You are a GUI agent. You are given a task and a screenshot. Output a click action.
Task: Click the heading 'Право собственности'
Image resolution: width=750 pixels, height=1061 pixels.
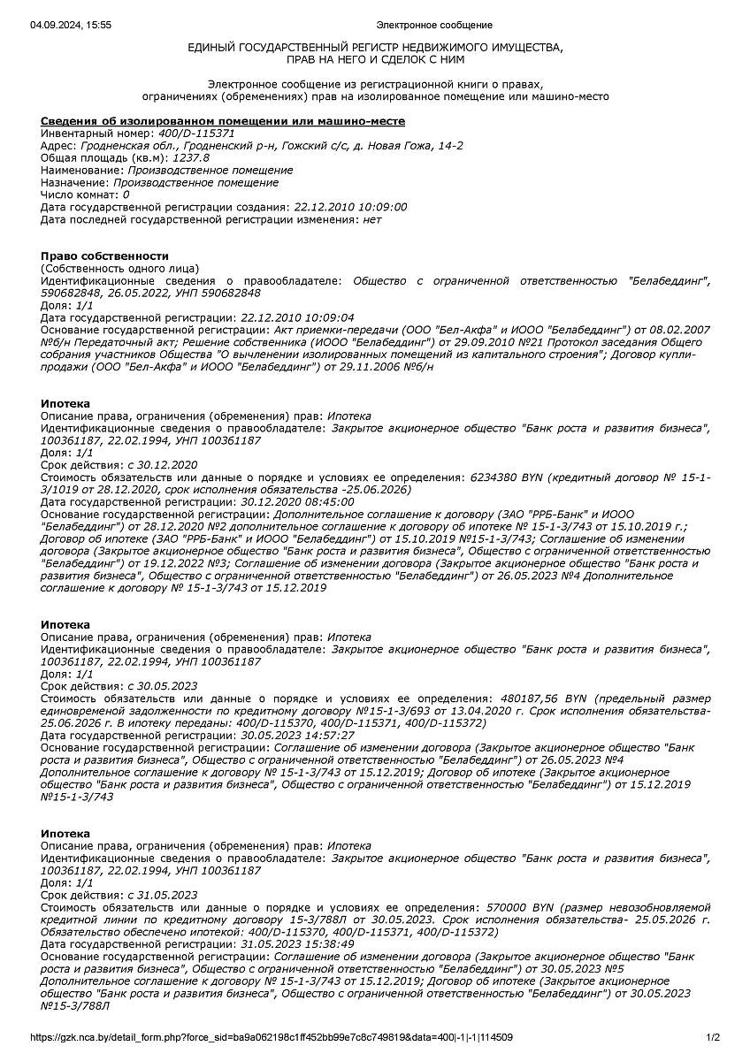(x=104, y=256)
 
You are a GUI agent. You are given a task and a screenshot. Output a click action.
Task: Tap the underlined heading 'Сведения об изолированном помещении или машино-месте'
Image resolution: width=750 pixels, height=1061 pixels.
(x=223, y=120)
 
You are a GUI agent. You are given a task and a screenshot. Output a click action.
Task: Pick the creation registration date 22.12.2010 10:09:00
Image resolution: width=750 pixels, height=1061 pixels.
(x=348, y=207)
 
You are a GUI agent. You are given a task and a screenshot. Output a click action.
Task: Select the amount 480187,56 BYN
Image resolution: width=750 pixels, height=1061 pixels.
(x=539, y=698)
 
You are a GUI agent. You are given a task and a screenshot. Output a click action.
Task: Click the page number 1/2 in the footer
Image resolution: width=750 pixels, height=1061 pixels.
(x=713, y=1037)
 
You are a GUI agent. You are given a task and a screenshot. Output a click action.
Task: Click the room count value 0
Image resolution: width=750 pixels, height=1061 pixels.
(x=126, y=195)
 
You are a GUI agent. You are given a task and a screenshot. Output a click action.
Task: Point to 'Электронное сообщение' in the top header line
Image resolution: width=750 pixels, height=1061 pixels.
(x=433, y=25)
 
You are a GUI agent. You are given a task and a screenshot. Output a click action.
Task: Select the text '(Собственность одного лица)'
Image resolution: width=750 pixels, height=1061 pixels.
(x=119, y=268)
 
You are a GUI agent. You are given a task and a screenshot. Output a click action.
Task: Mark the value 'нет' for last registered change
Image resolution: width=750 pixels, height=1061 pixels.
(x=372, y=219)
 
